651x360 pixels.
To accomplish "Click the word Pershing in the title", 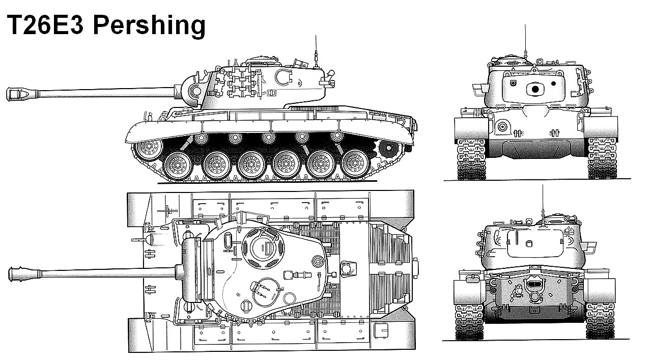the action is (x=149, y=25).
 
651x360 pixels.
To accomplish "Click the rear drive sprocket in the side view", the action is (x=388, y=148).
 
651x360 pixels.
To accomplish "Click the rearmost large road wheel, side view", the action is (x=355, y=163).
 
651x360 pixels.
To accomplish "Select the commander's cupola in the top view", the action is (x=263, y=248).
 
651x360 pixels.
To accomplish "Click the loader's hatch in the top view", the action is (x=266, y=292).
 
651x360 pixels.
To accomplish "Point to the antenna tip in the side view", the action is (x=316, y=36).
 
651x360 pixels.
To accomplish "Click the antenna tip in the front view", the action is (x=525, y=25).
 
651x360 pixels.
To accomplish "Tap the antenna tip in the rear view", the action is (x=543, y=185).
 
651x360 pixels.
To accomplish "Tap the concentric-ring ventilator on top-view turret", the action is (x=318, y=261).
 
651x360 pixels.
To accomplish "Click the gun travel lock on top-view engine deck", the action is (x=348, y=268).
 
